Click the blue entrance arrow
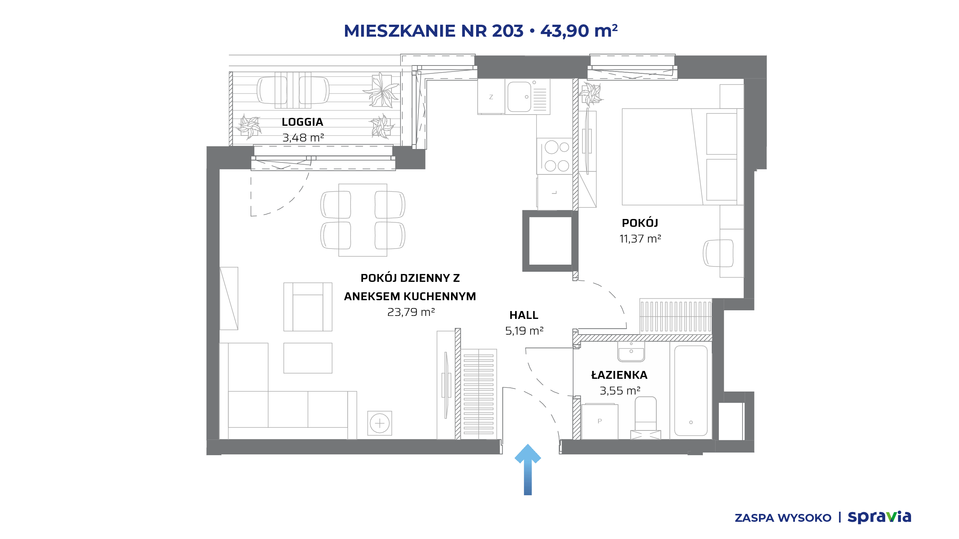pyautogui.click(x=527, y=469)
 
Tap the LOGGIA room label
pyautogui.click(x=302, y=122)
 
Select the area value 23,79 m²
pyautogui.click(x=411, y=312)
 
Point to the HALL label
pyautogui.click(x=524, y=315)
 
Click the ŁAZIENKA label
pyautogui.click(x=619, y=375)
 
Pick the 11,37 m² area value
pyautogui.click(x=640, y=238)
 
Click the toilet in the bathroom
pyautogui.click(x=646, y=418)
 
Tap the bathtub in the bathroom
pyautogui.click(x=691, y=390)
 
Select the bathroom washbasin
pyautogui.click(x=631, y=352)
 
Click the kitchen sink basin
pyautogui.click(x=519, y=97)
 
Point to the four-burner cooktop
pyautogui.click(x=555, y=156)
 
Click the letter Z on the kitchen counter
pyautogui.click(x=491, y=97)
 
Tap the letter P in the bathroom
pyautogui.click(x=600, y=421)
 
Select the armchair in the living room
pyautogui.click(x=308, y=307)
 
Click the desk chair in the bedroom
pyautogui.click(x=718, y=253)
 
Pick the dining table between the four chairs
pyautogui.click(x=363, y=220)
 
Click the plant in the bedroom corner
pyautogui.click(x=591, y=94)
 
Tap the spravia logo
pyautogui.click(x=879, y=517)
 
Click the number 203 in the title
pyautogui.click(x=508, y=31)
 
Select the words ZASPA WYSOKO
pyautogui.click(x=783, y=518)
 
